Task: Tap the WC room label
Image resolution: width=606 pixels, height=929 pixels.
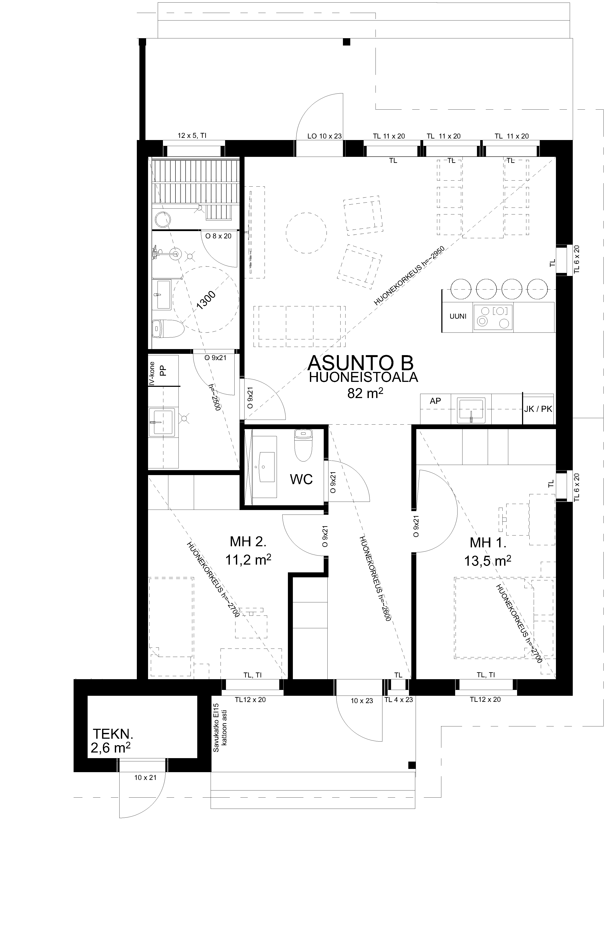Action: coord(301,479)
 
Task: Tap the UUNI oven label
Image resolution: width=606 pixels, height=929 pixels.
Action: coord(458,316)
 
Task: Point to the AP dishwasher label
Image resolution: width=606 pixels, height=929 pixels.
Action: coord(435,401)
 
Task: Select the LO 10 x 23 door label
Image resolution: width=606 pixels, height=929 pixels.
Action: coord(325,136)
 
